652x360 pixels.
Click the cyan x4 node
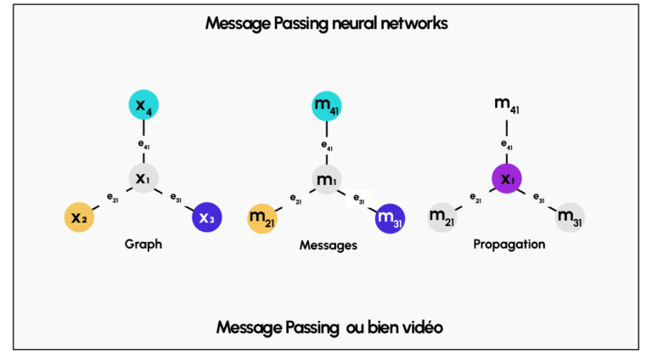pyautogui.click(x=143, y=104)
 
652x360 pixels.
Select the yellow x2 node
pyautogui.click(x=78, y=217)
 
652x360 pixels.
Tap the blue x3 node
pyautogui.click(x=206, y=217)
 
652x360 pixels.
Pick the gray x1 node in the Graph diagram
pyautogui.click(x=143, y=178)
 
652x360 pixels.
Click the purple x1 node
pyautogui.click(x=507, y=178)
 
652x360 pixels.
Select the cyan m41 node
pyautogui.click(x=326, y=104)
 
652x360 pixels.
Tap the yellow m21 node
pyautogui.click(x=262, y=217)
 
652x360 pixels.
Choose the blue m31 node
pyautogui.click(x=390, y=217)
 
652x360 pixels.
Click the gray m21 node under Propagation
pyautogui.click(x=442, y=217)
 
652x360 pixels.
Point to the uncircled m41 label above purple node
pyautogui.click(x=507, y=104)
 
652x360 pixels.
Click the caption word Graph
pyautogui.click(x=143, y=244)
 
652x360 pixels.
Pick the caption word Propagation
pyautogui.click(x=509, y=245)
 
